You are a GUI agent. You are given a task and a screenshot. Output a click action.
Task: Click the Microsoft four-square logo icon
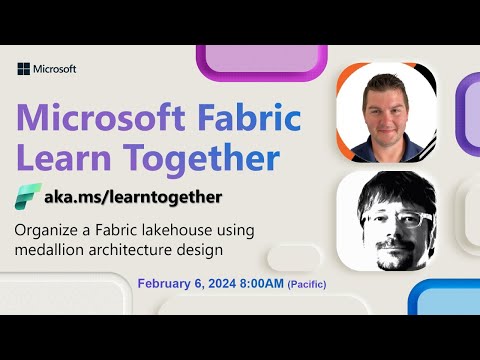23,69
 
